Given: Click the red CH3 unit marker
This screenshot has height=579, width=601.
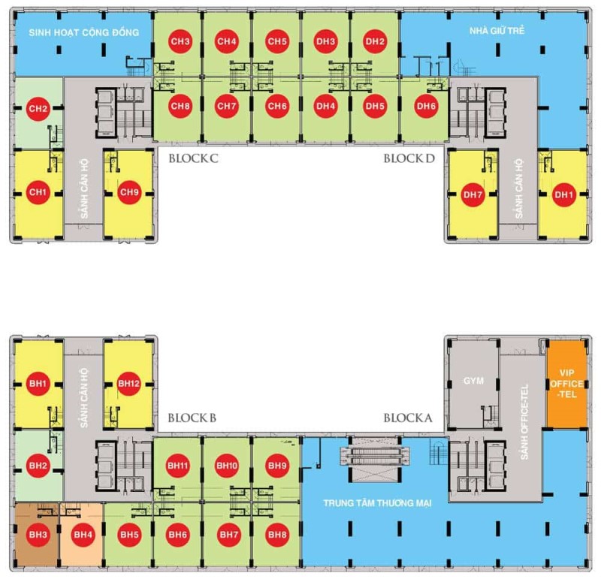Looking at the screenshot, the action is pos(180,41).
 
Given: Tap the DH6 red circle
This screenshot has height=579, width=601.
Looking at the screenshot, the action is pos(426,106).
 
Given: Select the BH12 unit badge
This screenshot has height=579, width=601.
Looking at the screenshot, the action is pos(128,384).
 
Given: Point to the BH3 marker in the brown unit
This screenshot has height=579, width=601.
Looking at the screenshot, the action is pos(38,535).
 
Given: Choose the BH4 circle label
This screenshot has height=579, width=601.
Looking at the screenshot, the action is pos(83,535).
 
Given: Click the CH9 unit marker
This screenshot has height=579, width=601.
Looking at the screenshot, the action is pos(129,192).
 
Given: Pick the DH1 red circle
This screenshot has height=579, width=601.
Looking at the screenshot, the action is pos(563,195).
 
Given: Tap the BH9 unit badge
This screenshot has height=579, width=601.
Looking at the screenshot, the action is pos(277,466).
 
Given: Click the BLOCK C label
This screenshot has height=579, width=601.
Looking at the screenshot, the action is pos(194,158).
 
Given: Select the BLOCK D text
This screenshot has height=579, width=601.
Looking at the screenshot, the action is pos(409,158).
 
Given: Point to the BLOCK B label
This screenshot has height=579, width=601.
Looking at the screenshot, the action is pos(192,418).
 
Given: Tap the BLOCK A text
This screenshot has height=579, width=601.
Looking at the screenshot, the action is pos(408,418).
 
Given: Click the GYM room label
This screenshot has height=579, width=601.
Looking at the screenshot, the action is pos(473,381).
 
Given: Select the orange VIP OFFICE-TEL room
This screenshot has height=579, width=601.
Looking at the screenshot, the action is pos(566,384).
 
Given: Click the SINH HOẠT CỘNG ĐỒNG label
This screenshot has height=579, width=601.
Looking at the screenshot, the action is pos(84,32).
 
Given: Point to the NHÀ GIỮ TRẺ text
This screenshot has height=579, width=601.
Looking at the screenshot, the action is pos(497,31).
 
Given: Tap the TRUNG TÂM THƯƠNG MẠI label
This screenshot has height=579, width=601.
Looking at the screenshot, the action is pos(377,503).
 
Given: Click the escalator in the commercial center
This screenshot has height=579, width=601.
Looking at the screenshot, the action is pos(374,454).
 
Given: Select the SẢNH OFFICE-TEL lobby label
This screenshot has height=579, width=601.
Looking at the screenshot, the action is pos(524,422).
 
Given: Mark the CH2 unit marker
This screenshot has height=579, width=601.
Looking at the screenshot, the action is pos(38,108).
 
